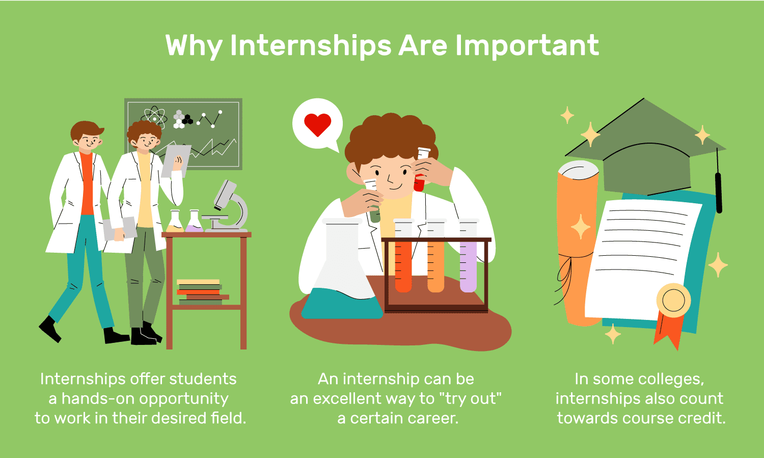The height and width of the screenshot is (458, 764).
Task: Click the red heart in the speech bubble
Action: [317, 124]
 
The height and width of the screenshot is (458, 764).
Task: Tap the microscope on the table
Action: [227, 206]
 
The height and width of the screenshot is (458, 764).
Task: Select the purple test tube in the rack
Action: [468, 256]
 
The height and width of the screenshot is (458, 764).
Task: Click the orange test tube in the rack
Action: [435, 256]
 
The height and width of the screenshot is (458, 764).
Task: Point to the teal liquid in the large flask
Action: [342, 304]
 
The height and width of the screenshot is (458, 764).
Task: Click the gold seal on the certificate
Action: [673, 301]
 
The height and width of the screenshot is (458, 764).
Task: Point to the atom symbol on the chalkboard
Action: [154, 117]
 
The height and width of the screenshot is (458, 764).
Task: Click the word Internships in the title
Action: [311, 46]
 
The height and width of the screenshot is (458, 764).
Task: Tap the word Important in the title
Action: [527, 46]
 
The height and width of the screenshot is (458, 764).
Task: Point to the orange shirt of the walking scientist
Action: [87, 184]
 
